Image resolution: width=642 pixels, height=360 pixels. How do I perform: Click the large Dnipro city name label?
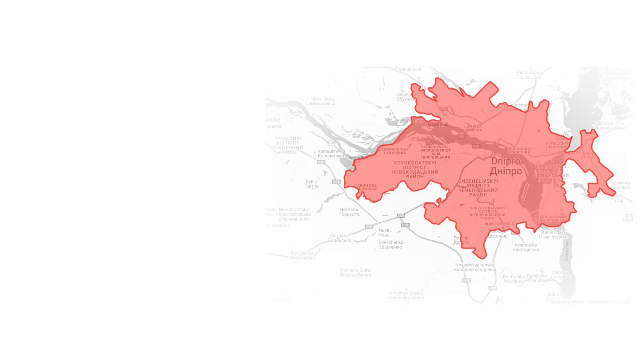click(x=506, y=166)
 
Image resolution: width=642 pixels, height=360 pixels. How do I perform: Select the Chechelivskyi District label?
click(x=478, y=188)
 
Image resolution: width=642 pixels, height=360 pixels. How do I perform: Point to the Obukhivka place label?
click(x=406, y=97)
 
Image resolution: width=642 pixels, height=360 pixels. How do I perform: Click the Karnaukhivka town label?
click(x=331, y=154)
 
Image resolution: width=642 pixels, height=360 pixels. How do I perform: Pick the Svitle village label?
click(x=311, y=184)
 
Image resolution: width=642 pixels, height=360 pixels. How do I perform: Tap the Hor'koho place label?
click(x=349, y=212)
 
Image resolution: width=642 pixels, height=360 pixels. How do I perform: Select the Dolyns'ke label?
click(x=340, y=238)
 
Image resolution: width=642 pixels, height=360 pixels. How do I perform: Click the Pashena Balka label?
click(x=355, y=273)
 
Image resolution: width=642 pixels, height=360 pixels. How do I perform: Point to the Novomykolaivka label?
click(x=406, y=295)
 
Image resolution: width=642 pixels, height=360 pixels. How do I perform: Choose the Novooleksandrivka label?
click(x=475, y=267)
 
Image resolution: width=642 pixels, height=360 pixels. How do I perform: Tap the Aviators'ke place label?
click(x=526, y=247)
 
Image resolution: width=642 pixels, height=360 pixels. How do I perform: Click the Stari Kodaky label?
click(x=553, y=234)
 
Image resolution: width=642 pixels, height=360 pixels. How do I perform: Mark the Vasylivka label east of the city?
click(x=621, y=185)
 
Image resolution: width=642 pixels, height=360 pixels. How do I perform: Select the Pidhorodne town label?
click(x=529, y=75)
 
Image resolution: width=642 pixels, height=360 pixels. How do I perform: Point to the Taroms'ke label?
click(x=366, y=187)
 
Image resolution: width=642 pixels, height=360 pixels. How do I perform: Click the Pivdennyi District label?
click(x=288, y=145)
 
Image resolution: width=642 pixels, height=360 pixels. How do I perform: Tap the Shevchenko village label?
click(x=391, y=245)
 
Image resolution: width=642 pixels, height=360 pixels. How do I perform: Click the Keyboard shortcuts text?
click(x=567, y=302)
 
